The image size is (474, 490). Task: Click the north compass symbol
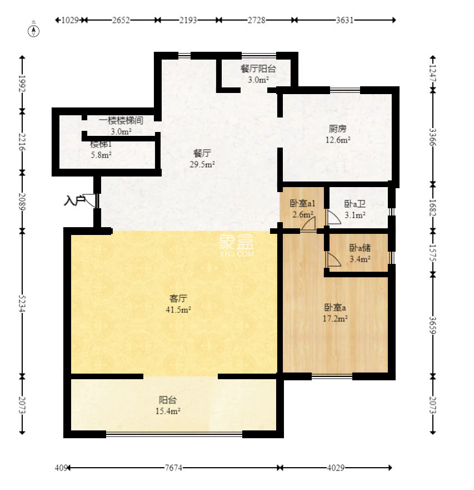coord(34,31)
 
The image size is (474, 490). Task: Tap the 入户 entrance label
coord(74,200)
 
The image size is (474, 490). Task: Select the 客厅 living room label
coord(178,298)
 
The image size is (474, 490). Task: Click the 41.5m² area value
coord(178,310)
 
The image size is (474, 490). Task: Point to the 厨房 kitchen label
coord(338,129)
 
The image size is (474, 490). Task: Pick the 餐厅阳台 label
coord(258,68)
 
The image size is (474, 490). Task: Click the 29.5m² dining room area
coord(202,164)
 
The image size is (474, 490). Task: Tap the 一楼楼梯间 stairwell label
coord(121,120)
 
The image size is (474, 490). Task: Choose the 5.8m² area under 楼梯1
coord(101,155)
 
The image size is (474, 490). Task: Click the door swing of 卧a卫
coord(333,217)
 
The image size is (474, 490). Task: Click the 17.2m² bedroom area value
coord(335,318)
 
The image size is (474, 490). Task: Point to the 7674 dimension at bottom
coord(173,468)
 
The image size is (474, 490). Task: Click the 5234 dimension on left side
coord(22,303)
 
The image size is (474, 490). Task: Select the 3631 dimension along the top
coord(345,20)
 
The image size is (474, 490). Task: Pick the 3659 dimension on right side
coord(432,325)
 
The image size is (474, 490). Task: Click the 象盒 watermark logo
coord(236,244)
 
